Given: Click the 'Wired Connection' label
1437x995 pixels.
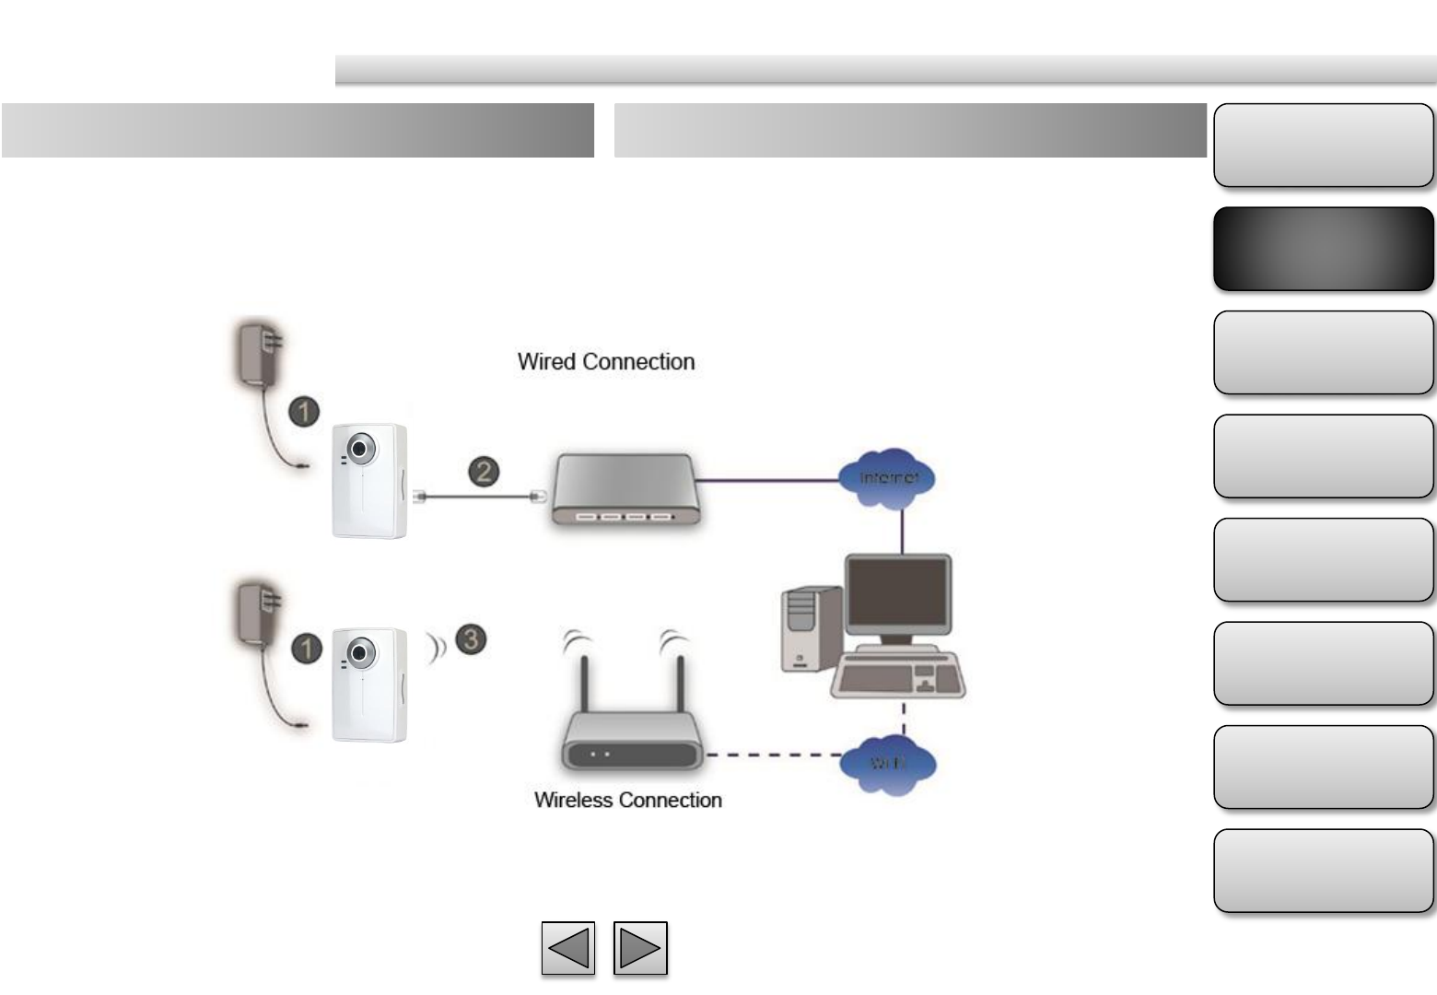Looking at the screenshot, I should point(606,361).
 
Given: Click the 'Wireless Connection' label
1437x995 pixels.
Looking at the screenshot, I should point(627,800).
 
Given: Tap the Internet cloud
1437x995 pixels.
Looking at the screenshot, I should point(888,477).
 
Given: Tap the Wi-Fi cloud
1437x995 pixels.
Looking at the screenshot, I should point(888,763).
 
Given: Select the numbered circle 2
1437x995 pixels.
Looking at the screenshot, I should point(484,472).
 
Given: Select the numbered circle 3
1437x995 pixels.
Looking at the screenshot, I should point(471,638).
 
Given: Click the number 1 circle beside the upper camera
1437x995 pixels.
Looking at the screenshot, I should point(305,411).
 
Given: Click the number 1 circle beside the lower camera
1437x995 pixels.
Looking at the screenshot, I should point(307,648).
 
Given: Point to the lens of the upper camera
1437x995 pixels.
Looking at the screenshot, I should point(360,449).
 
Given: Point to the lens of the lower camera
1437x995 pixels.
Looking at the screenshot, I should point(360,653).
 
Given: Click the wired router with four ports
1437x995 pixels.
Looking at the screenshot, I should point(625,489).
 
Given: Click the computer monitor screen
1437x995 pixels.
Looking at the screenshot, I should point(897,593).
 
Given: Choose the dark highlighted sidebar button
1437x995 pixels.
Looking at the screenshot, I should point(1323,249).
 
